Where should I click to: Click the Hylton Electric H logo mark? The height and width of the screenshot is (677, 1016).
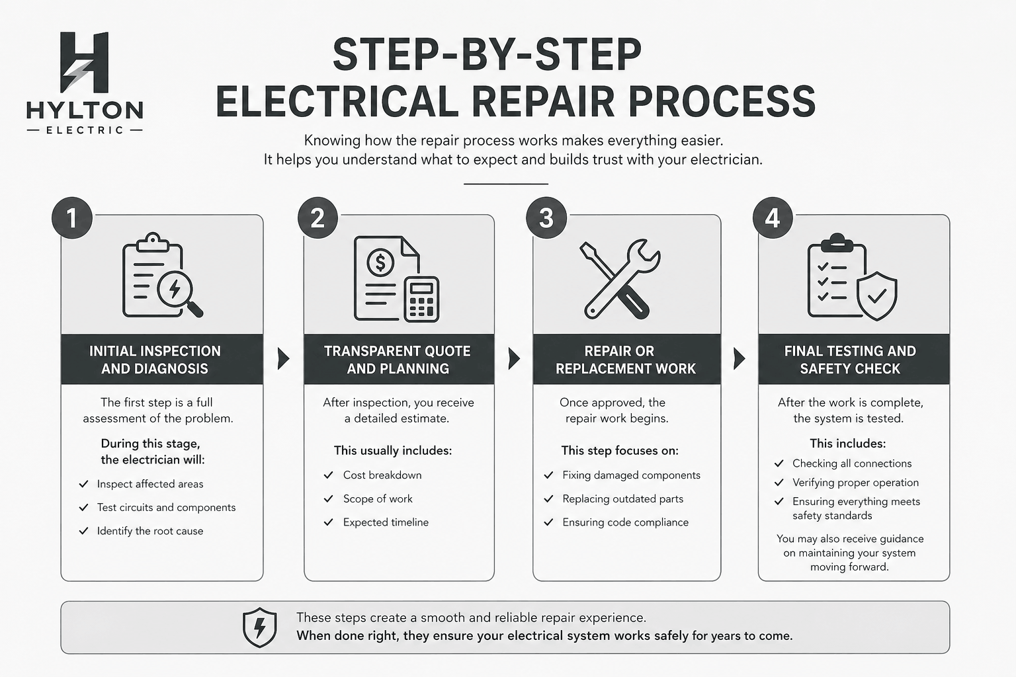84,62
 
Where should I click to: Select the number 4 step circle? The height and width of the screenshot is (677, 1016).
773,218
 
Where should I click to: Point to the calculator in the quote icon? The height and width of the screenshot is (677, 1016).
421,299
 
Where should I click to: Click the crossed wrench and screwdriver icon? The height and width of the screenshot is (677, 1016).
619,278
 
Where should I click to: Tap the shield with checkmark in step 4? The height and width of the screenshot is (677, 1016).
877,296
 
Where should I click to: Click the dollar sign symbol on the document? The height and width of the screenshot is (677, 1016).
380,262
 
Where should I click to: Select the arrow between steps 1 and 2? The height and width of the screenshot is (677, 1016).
283,359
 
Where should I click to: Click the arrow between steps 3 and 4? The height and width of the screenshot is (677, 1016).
739,359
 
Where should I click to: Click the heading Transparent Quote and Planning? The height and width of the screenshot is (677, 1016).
398,360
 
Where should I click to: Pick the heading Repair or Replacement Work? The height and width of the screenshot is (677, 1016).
626,360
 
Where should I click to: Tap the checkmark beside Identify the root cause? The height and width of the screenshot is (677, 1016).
84,531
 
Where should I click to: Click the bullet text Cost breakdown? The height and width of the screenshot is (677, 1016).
382,475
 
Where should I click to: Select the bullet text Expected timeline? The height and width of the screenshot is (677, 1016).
386,522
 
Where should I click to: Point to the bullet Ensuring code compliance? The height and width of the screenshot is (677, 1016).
625,522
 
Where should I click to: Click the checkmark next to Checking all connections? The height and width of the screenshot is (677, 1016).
779,463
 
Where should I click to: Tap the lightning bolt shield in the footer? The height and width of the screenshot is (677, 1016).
260,627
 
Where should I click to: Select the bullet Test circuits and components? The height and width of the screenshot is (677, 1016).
166,508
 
